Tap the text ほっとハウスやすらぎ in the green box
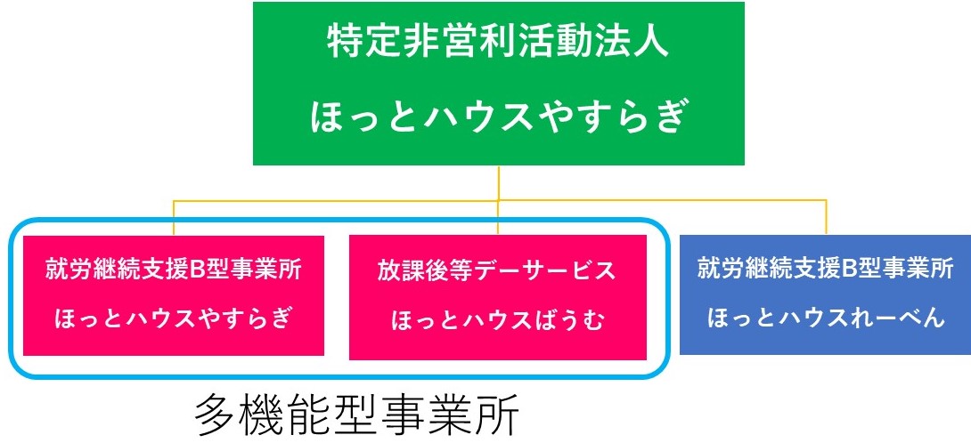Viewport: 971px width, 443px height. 499,118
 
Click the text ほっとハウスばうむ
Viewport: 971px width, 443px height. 497,321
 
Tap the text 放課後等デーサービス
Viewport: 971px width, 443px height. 497,270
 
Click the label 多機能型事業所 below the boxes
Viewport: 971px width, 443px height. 356,414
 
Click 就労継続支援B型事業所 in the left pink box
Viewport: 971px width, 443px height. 173,270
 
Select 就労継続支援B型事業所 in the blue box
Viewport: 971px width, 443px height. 825,270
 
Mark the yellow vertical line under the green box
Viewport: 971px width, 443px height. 499,183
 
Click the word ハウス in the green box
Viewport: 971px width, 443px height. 499,118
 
